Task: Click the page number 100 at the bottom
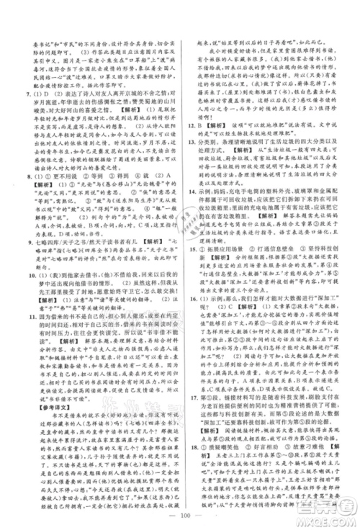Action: pos(179,516)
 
